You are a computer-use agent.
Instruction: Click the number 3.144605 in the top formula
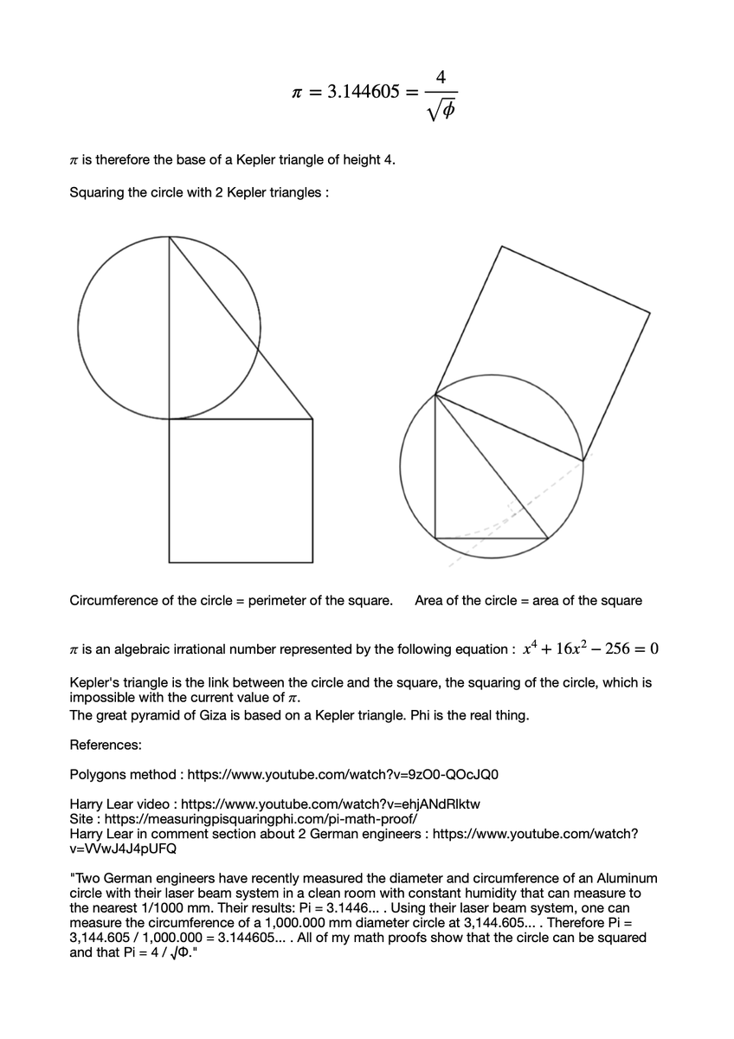tap(364, 93)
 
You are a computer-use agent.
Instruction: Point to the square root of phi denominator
tap(441, 112)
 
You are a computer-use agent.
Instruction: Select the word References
tap(106, 745)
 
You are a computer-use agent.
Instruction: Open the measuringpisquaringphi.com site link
tap(261, 818)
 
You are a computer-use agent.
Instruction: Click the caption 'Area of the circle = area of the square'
tap(528, 601)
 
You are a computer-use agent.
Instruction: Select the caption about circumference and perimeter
tap(231, 601)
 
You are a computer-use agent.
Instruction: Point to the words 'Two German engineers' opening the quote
tap(135, 878)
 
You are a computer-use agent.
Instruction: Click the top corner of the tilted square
tap(502, 246)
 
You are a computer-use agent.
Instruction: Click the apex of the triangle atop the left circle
tap(170, 236)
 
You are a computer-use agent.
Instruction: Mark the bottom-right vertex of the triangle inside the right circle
tap(547, 538)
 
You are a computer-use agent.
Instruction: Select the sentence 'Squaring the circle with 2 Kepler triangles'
tap(198, 192)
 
